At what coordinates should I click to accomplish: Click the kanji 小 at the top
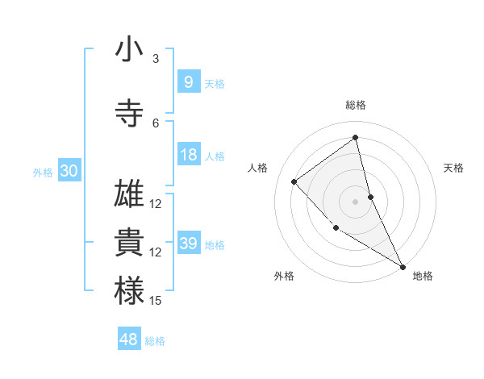click(x=129, y=50)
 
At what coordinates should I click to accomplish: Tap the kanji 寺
click(x=129, y=114)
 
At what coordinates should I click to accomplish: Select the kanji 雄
click(x=129, y=194)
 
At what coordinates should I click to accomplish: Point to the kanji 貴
click(x=129, y=243)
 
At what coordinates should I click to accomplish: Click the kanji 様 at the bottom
click(x=129, y=291)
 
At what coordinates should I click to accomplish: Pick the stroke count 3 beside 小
click(x=156, y=59)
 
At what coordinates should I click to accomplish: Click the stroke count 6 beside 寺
click(x=156, y=123)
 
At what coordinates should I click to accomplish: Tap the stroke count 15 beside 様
click(x=156, y=301)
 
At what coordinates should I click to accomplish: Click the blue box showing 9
click(x=188, y=81)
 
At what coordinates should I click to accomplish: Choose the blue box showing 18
click(x=189, y=155)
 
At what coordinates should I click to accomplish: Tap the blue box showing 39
click(x=189, y=244)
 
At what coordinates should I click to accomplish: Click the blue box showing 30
click(x=69, y=171)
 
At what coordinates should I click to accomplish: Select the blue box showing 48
click(x=129, y=339)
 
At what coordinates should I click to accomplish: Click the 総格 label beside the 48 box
click(x=156, y=341)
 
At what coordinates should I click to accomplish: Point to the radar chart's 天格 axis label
click(x=454, y=168)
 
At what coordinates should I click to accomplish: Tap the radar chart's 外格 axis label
click(x=284, y=276)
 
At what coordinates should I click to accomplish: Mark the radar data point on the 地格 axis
click(x=402, y=266)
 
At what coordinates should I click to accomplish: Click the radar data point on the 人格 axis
click(x=294, y=181)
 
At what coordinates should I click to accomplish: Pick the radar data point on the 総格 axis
click(x=355, y=137)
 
